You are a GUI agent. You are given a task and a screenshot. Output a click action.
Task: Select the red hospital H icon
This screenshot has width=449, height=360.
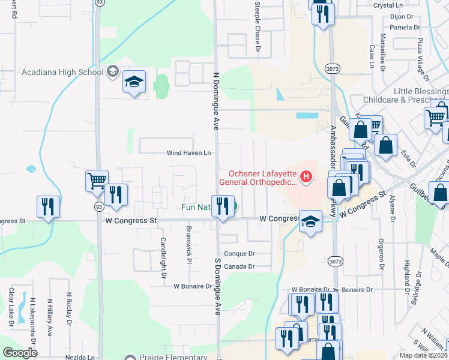[x=306, y=176]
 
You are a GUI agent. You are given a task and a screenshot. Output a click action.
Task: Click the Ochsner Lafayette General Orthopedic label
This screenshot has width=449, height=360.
[x=258, y=177]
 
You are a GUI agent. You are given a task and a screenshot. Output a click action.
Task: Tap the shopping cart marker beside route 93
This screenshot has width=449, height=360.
[x=97, y=179]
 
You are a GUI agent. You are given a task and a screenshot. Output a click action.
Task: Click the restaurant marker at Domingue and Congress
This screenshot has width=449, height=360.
[x=223, y=206]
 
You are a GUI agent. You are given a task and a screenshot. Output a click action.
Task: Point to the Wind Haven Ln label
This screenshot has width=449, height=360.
[x=189, y=153]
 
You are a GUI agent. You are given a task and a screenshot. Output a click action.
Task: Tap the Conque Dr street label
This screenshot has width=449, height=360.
[x=239, y=254]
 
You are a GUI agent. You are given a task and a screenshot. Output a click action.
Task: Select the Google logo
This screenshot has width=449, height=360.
[x=20, y=353]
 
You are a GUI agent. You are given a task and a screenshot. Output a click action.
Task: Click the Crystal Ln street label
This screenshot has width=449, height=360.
[x=404, y=5]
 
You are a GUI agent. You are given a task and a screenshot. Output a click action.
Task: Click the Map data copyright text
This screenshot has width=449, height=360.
[x=423, y=355]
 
